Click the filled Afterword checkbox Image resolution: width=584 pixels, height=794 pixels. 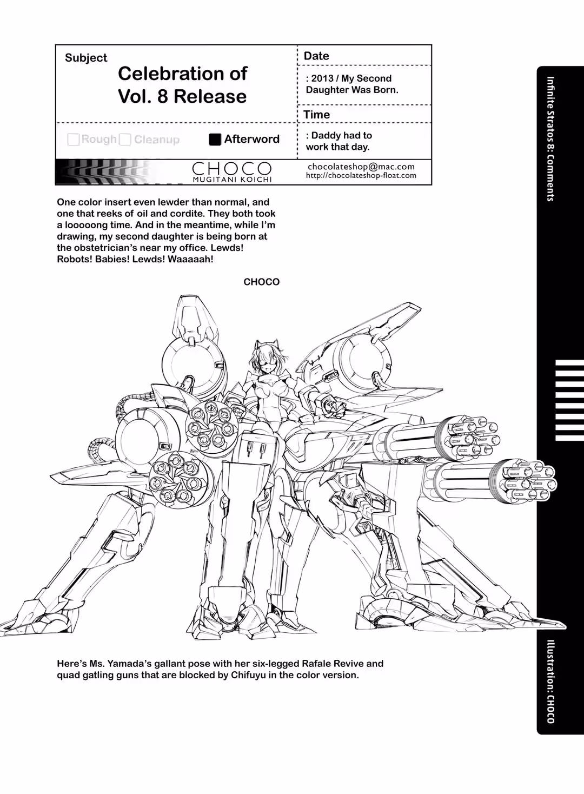(x=215, y=140)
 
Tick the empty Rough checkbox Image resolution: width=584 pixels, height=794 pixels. (x=74, y=140)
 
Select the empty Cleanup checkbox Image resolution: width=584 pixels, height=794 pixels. (x=125, y=140)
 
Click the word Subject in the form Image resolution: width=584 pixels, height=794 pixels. (x=86, y=58)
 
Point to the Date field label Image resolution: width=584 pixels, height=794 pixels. (x=316, y=56)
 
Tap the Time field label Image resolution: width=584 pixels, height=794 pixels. (x=316, y=115)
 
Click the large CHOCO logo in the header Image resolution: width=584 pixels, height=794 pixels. (x=232, y=168)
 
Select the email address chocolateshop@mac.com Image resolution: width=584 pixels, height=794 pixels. (x=361, y=167)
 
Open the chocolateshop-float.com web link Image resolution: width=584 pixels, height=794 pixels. (x=361, y=175)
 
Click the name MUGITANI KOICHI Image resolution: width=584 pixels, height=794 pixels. (x=232, y=180)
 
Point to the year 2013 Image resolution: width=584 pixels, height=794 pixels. (x=322, y=78)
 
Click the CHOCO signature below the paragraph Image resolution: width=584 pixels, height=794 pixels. (x=262, y=282)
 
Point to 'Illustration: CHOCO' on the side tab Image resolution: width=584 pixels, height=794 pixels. (x=550, y=681)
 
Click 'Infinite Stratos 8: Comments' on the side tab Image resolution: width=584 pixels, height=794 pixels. (x=550, y=139)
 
